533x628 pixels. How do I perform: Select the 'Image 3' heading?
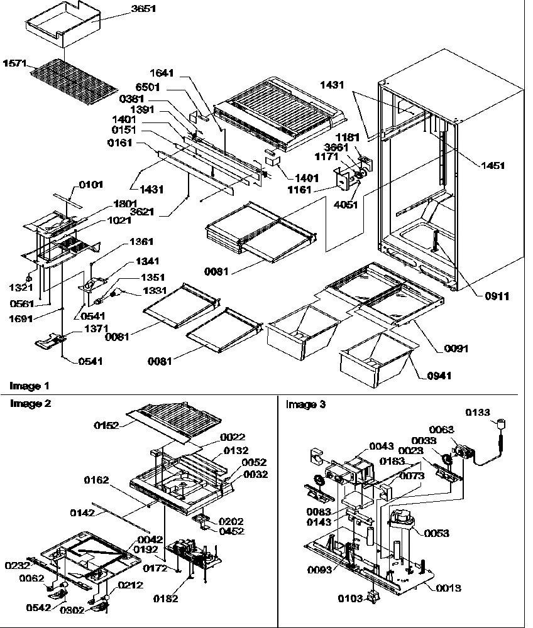[x=305, y=404]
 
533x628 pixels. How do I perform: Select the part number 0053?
[x=436, y=533]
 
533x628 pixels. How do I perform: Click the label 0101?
[x=91, y=185]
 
